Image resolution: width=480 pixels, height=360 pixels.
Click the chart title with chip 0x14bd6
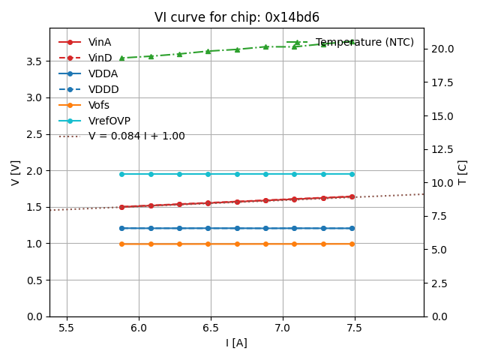[x=237, y=17]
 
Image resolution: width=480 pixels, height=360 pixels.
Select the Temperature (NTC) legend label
[x=364, y=42]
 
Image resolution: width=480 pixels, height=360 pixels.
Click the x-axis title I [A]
[x=237, y=343]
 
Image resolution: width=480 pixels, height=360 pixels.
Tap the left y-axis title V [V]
[x=16, y=172]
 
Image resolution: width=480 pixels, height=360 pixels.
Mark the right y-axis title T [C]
[x=462, y=172]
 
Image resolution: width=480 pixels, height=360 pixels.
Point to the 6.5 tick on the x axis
[x=211, y=328]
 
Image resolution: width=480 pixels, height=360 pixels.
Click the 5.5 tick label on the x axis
[x=67, y=328]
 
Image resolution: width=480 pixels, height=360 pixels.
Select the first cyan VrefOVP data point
[x=121, y=174]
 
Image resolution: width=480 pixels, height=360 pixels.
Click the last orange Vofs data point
[x=352, y=244]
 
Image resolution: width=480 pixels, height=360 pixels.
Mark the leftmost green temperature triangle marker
[x=121, y=58]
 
